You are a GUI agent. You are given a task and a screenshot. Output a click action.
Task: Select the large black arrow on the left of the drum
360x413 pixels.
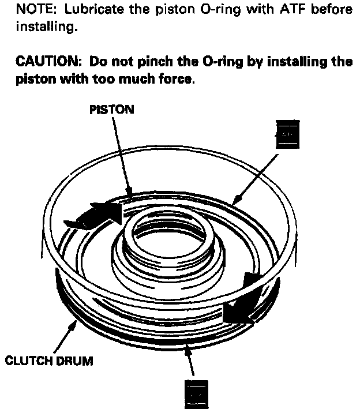[x=95, y=215]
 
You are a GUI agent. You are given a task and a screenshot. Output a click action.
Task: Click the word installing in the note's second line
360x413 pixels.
[x=46, y=26]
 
